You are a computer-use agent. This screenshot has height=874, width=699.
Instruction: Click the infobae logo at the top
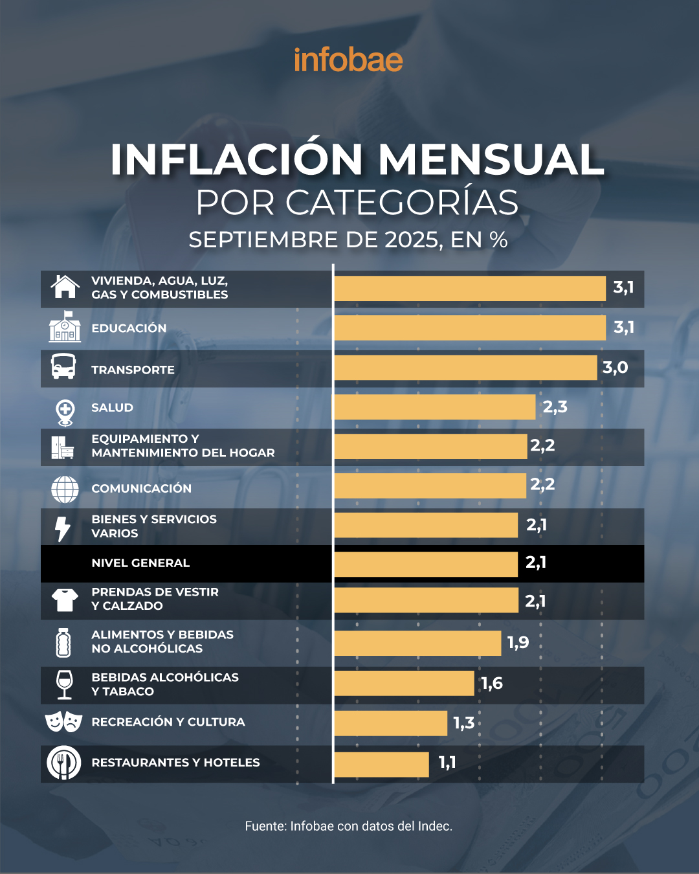(x=348, y=60)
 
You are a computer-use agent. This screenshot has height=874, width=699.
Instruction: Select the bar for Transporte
(x=465, y=368)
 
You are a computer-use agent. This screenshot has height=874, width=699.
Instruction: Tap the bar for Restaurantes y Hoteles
(x=381, y=764)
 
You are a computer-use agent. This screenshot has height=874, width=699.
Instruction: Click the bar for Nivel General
(x=426, y=564)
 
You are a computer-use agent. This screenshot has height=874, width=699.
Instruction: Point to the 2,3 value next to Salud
(x=555, y=407)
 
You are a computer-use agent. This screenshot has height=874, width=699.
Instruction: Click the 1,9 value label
(x=518, y=642)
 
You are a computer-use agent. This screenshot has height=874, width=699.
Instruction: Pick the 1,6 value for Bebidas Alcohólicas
(x=492, y=683)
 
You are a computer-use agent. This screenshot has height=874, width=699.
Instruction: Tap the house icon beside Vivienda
(x=65, y=287)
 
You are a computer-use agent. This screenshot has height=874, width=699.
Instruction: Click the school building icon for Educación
(x=65, y=327)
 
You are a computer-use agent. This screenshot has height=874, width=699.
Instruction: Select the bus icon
(x=63, y=366)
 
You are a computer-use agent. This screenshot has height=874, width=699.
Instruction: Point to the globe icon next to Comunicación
(x=65, y=489)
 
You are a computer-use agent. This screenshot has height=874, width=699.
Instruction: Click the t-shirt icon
(x=65, y=599)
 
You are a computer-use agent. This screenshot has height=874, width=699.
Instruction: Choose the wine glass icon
(x=64, y=684)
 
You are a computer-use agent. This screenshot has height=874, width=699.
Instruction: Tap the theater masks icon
(x=63, y=721)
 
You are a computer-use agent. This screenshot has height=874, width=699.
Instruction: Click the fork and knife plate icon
(x=63, y=763)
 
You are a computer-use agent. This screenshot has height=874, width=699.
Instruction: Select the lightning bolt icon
(x=63, y=528)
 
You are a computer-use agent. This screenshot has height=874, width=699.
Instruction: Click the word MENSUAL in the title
(x=491, y=159)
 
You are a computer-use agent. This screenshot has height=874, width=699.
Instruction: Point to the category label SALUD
(x=112, y=408)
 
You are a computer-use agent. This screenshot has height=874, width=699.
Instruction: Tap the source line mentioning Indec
(x=348, y=826)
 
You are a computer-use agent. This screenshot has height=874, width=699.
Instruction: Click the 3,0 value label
(x=615, y=368)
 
